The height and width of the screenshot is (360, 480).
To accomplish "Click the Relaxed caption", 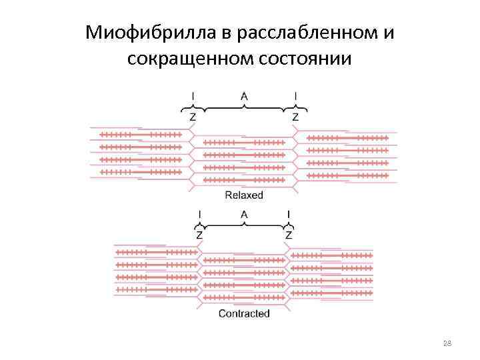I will [244, 195].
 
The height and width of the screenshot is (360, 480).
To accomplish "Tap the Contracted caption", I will [244, 313].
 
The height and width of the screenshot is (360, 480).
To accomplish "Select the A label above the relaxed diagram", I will [244, 97].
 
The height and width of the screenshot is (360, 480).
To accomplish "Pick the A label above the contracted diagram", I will [244, 215].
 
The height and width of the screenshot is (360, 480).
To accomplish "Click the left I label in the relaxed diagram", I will [193, 97].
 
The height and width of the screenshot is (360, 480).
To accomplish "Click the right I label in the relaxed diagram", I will [295, 97].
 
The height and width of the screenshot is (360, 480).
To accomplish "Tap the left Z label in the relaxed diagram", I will [193, 117].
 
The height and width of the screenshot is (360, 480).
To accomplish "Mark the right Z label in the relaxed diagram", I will [295, 117].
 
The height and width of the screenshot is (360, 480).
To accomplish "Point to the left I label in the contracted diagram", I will [200, 215].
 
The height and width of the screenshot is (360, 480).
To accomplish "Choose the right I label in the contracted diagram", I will [288, 215].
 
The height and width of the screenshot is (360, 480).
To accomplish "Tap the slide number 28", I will [447, 343].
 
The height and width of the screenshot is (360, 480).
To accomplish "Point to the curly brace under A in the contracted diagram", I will [244, 225].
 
